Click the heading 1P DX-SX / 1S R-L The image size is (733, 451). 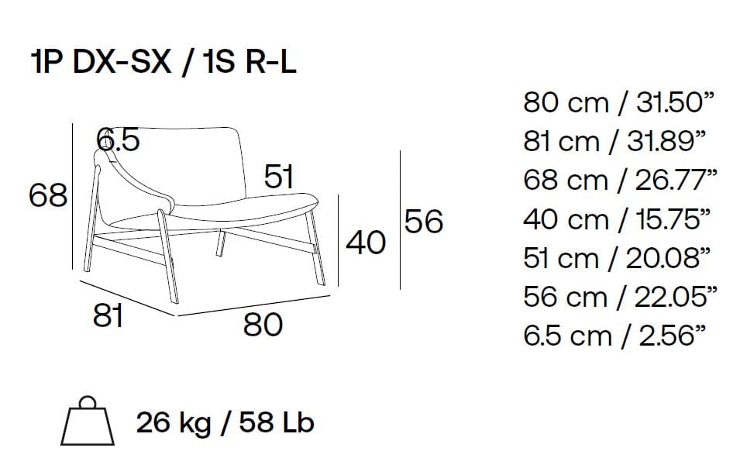pyautogui.click(x=163, y=62)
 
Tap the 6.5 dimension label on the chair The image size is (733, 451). pyautogui.click(x=118, y=139)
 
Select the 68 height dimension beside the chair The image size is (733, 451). pyautogui.click(x=48, y=195)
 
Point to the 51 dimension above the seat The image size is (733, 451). pyautogui.click(x=279, y=176)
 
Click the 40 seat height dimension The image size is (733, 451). pyautogui.click(x=366, y=243)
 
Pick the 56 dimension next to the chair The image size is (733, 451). pyautogui.click(x=424, y=221)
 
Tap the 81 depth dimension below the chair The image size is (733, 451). pyautogui.click(x=108, y=315)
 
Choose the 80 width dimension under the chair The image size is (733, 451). pyautogui.click(x=263, y=325)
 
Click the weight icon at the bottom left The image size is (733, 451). pyautogui.click(x=88, y=421)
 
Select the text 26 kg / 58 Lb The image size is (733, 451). pyautogui.click(x=225, y=422)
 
